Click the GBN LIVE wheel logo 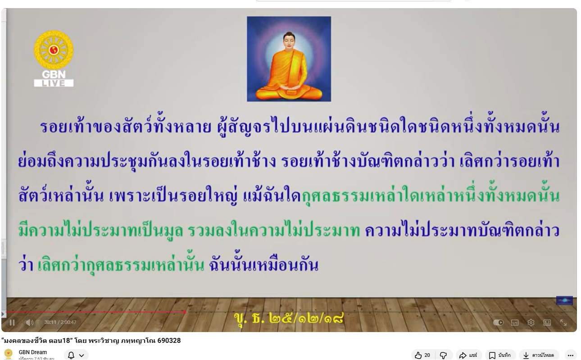(x=54, y=59)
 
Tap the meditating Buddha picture (x=289, y=59)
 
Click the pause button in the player (x=12, y=322)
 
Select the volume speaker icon (x=29, y=322)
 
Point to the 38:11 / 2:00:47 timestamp (x=60, y=322)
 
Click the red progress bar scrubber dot (x=184, y=312)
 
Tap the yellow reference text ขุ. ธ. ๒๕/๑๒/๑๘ (x=289, y=319)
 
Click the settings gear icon (x=531, y=322)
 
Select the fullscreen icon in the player (x=563, y=322)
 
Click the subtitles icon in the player (x=515, y=322)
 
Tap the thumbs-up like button (x=422, y=355)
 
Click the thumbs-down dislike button (x=443, y=355)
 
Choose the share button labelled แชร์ (x=468, y=355)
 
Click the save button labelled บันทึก (x=500, y=355)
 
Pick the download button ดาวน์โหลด (x=539, y=355)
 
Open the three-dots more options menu (x=570, y=355)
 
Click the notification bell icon (x=71, y=355)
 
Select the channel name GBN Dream (x=33, y=352)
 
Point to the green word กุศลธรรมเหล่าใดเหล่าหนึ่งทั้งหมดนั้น (x=430, y=195)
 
